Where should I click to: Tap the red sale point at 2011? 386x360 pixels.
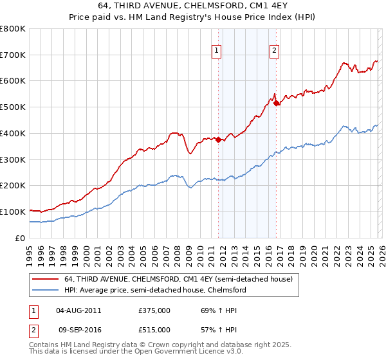pos(218,139)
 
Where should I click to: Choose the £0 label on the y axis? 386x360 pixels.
pos(21,238)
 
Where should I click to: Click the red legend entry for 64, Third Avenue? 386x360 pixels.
pos(178,279)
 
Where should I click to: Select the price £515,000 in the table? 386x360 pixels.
pos(154,329)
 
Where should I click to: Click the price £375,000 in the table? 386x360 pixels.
pos(154,310)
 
